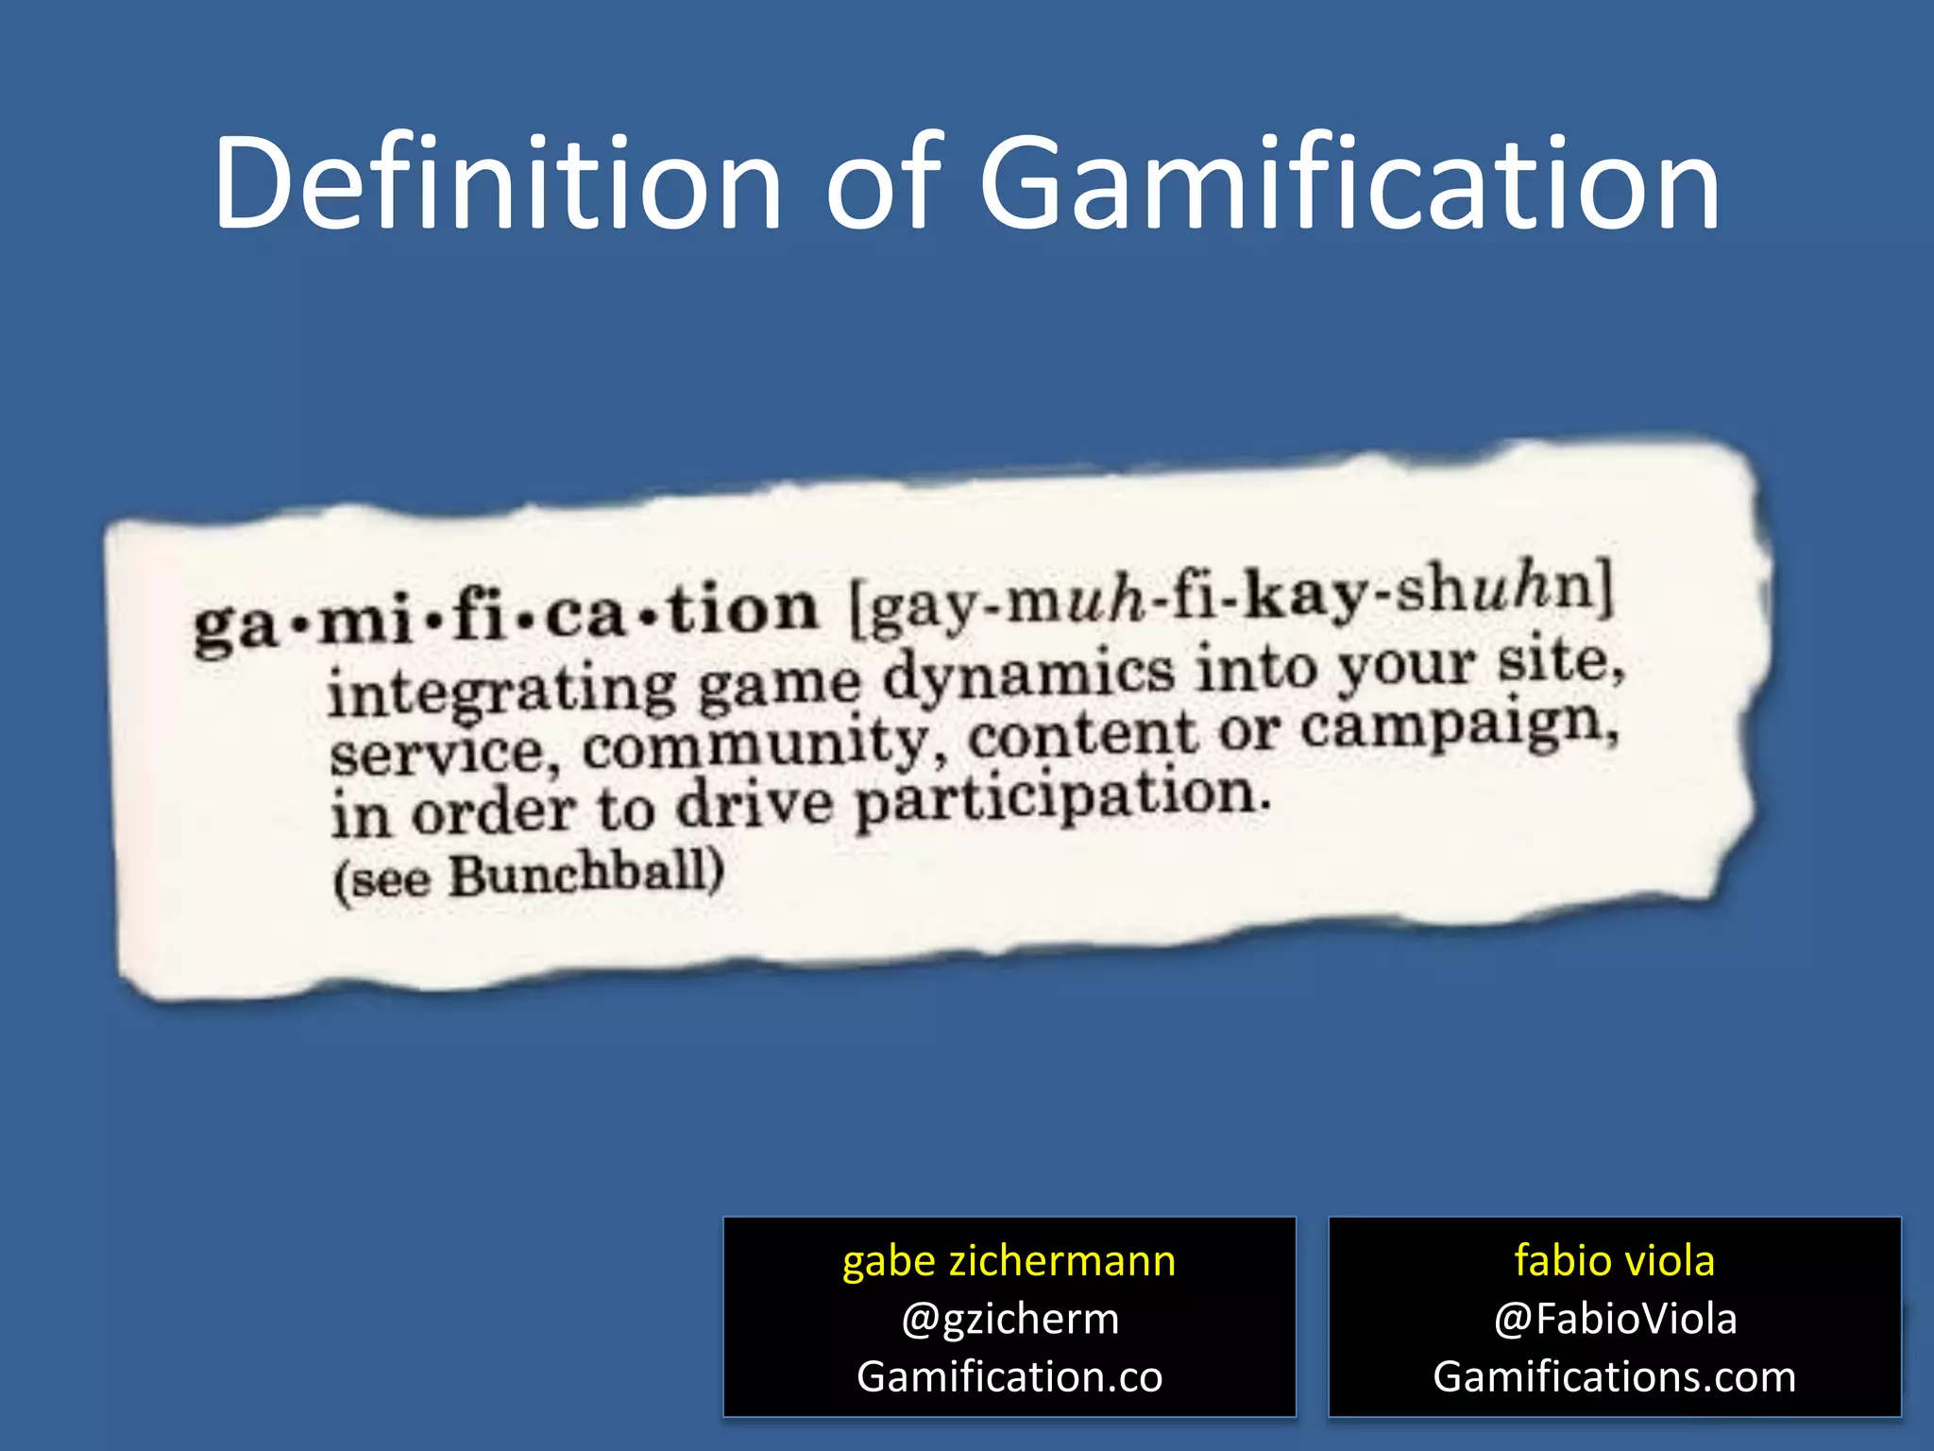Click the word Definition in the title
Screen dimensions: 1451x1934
tap(498, 184)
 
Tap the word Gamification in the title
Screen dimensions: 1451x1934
tap(1349, 184)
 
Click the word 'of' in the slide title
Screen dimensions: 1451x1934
tap(884, 184)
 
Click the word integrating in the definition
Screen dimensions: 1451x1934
tap(501, 690)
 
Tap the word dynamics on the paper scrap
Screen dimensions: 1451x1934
tap(1028, 674)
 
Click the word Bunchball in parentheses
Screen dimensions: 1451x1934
tap(580, 874)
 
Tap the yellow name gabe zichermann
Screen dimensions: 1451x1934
tap(1009, 1261)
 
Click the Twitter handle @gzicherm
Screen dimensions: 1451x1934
tap(1009, 1319)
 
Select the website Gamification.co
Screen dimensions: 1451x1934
tap(1009, 1376)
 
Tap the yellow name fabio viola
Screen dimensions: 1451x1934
tap(1614, 1261)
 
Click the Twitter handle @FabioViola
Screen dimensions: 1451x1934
tap(1614, 1319)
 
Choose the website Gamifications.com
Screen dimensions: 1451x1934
tap(1614, 1376)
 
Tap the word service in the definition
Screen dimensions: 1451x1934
tap(436, 753)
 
